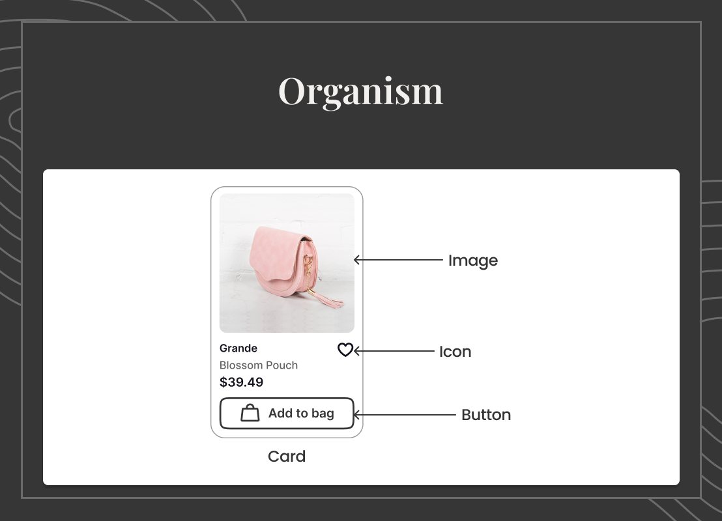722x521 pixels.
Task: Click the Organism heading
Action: [360, 91]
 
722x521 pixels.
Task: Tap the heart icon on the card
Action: [345, 350]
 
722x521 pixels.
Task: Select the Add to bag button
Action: [287, 414]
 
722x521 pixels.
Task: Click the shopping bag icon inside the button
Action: [250, 413]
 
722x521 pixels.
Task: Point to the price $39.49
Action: [241, 382]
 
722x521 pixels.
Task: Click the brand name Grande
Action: [238, 348]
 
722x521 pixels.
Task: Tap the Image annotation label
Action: [473, 260]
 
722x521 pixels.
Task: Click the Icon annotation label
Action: [455, 352]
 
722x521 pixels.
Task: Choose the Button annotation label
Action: [485, 415]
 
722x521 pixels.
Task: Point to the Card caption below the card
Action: [287, 456]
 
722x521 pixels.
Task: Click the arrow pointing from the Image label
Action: [398, 260]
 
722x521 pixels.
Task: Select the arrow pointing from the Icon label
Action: [394, 351]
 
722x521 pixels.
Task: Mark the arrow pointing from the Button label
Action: [405, 415]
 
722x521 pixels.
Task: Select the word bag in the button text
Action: [323, 414]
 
